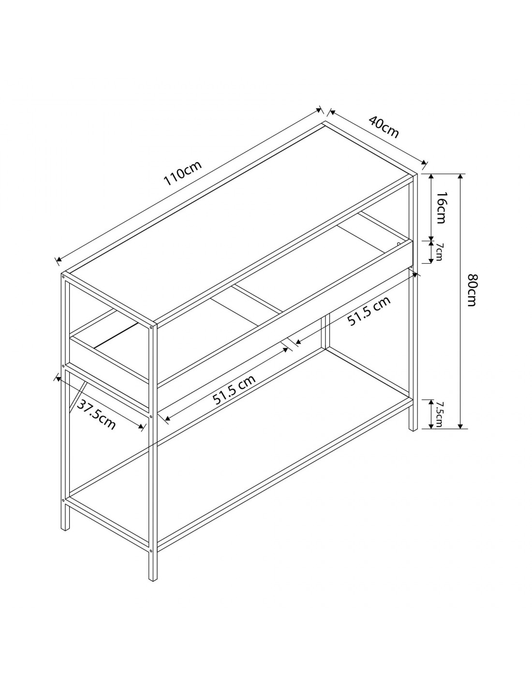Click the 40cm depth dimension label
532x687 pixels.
(384, 127)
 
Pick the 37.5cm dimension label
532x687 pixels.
(96, 415)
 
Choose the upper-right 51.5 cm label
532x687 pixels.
(369, 311)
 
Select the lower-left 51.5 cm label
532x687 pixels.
(234, 390)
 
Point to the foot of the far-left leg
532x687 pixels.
(65, 528)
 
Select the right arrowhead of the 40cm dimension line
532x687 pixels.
(424, 162)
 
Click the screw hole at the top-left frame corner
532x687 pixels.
(63, 277)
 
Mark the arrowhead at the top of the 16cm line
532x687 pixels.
(431, 177)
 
